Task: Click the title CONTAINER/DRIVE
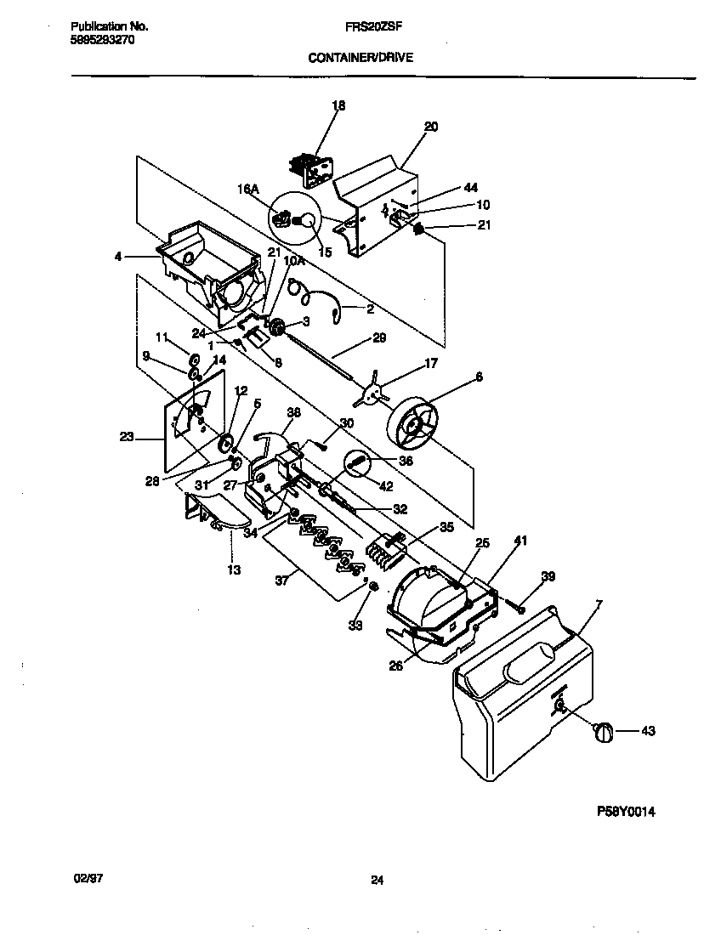point(360,59)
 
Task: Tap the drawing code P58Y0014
point(625,811)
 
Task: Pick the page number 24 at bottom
point(377,881)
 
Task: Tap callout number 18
point(338,106)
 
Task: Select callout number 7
point(599,604)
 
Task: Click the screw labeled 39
point(517,604)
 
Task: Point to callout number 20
point(430,127)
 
